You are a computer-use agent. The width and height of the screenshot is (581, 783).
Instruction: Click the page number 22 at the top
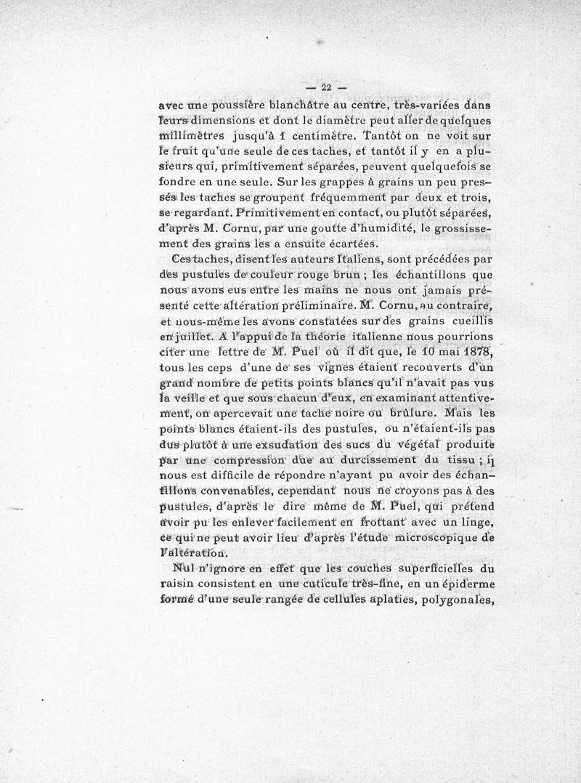(x=326, y=88)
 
